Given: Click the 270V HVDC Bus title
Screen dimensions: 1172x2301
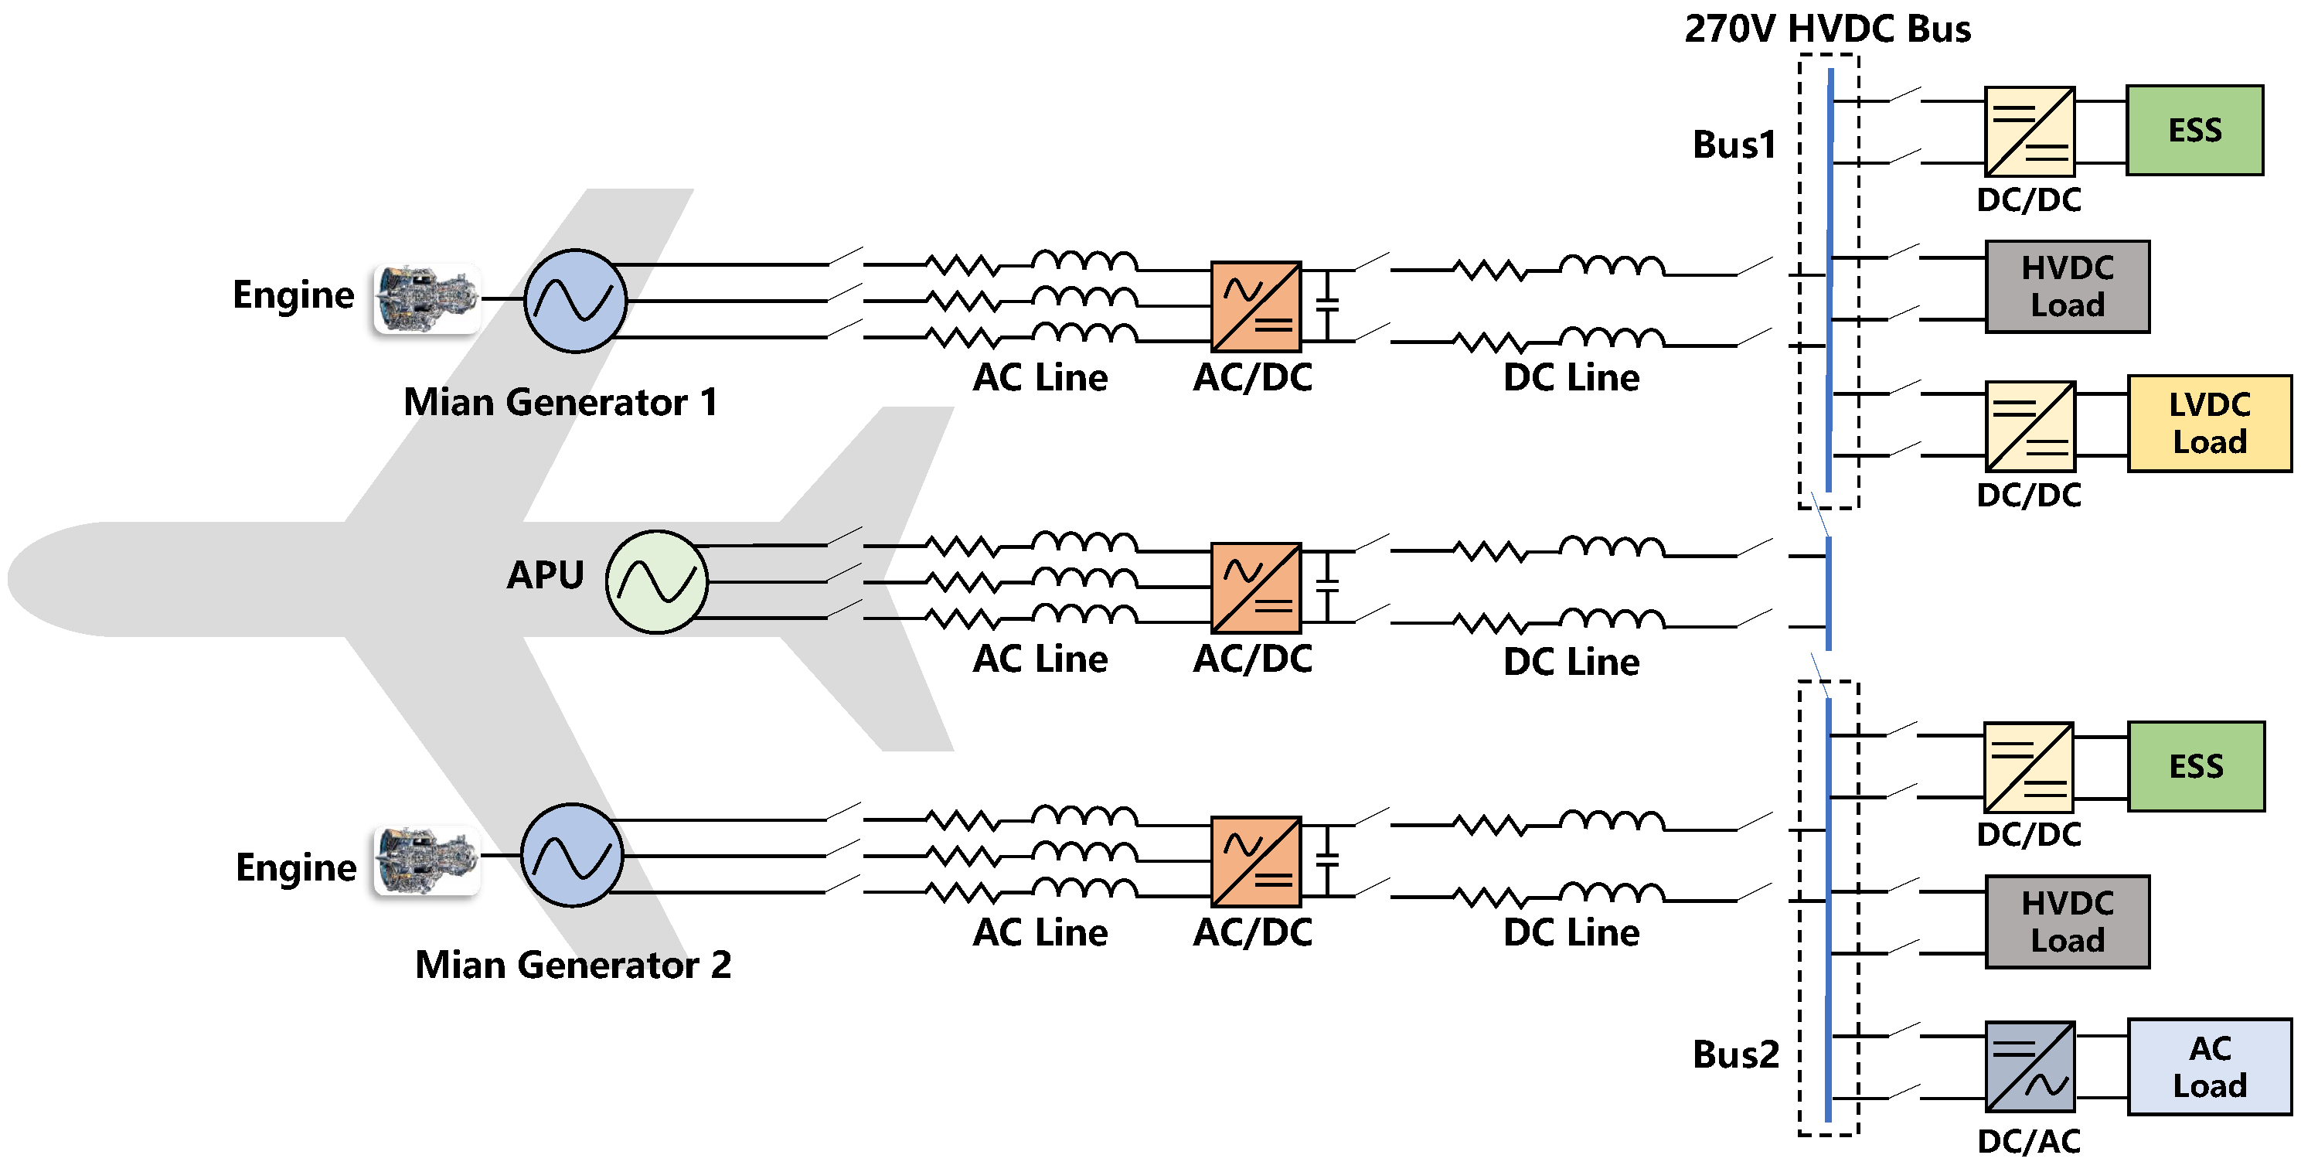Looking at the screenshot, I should tap(1826, 29).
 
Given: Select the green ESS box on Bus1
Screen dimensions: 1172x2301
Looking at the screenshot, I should tap(2194, 131).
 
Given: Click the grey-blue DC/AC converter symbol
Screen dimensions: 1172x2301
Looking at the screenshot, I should tap(2030, 1067).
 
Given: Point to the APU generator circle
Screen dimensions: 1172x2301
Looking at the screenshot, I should tap(656, 582).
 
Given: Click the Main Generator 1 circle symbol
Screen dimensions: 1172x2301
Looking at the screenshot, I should tap(575, 301).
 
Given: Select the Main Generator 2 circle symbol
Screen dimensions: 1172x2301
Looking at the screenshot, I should tap(572, 856).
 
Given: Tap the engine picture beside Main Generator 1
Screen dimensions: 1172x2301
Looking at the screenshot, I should tap(427, 299).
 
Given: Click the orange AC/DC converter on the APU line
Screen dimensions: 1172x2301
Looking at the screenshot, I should tap(1255, 588).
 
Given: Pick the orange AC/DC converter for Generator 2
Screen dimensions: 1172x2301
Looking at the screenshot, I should tap(1255, 862).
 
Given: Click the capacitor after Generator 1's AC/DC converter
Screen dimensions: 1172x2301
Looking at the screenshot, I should tap(1328, 305).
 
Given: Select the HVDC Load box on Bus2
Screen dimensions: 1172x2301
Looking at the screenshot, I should tap(2067, 922).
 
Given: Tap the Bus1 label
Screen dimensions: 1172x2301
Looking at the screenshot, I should tap(1734, 145).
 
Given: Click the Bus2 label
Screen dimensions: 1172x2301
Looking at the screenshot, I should tap(1734, 1055).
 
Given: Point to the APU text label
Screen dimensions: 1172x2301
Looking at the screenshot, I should tap(545, 575).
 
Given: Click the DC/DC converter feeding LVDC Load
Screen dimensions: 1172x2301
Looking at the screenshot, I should tap(2030, 427).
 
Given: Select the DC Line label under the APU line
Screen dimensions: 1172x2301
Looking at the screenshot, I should tap(1571, 662).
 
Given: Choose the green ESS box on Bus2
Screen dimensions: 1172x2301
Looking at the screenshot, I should tap(2196, 766).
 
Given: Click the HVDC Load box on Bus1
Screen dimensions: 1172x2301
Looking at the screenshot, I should tap(2067, 287).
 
